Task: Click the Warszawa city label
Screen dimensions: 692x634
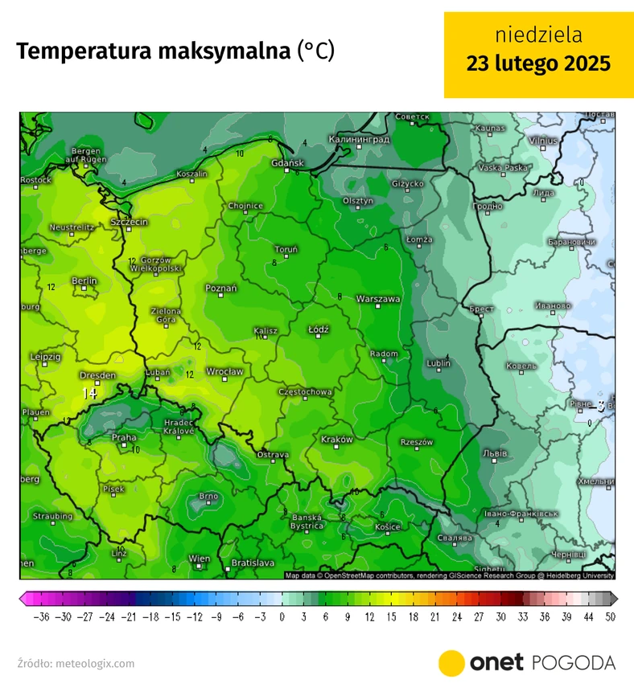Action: click(x=378, y=298)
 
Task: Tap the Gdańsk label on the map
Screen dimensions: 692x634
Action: click(x=287, y=163)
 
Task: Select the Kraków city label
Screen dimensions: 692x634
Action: click(x=336, y=440)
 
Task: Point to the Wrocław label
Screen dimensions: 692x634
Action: click(x=224, y=371)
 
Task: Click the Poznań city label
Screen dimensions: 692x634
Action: click(x=220, y=288)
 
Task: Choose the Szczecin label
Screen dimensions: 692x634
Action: click(x=130, y=221)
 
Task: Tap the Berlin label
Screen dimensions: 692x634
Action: click(x=84, y=280)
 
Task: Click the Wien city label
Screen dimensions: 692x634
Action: click(x=199, y=559)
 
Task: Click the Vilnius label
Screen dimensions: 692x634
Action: click(x=542, y=141)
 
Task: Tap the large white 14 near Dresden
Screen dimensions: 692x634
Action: click(x=89, y=394)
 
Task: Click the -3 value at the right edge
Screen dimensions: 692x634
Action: click(x=599, y=404)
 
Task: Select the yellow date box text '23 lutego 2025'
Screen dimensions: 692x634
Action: click(x=538, y=63)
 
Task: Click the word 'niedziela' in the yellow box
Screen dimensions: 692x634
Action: click(x=538, y=35)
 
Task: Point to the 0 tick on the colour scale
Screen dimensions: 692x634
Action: click(x=282, y=616)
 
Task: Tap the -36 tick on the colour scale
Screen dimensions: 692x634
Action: click(x=41, y=616)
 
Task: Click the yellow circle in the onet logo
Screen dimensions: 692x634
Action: click(x=452, y=662)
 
